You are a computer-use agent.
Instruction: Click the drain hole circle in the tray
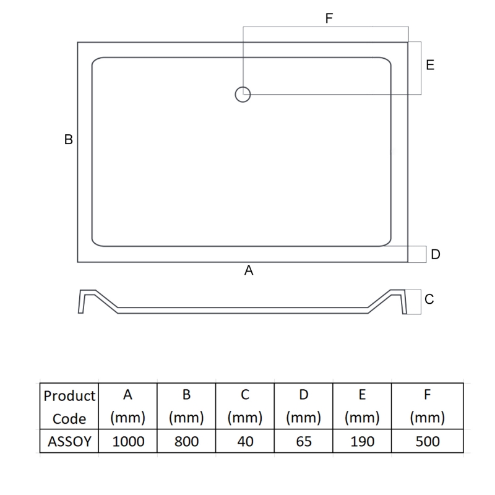[243, 94]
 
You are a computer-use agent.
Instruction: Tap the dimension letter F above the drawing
[329, 19]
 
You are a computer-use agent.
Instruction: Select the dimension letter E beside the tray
[430, 65]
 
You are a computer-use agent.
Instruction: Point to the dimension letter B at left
[69, 140]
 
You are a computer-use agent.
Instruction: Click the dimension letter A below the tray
[249, 270]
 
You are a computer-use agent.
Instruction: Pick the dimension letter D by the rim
[436, 254]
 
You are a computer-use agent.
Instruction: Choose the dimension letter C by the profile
[429, 299]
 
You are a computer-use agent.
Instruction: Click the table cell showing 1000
[128, 441]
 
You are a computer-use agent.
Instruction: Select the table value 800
[186, 441]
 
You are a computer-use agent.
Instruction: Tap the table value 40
[245, 441]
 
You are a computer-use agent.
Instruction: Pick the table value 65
[303, 441]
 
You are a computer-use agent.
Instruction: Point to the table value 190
[362, 441]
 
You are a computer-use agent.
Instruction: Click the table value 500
[428, 441]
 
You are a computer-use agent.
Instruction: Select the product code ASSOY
[69, 441]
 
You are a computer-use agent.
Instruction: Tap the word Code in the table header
[69, 418]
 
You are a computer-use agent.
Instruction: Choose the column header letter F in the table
[428, 395]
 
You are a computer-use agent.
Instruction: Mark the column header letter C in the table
[245, 395]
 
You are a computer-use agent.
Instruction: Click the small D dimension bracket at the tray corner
[418, 254]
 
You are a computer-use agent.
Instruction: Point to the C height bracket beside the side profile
[413, 299]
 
